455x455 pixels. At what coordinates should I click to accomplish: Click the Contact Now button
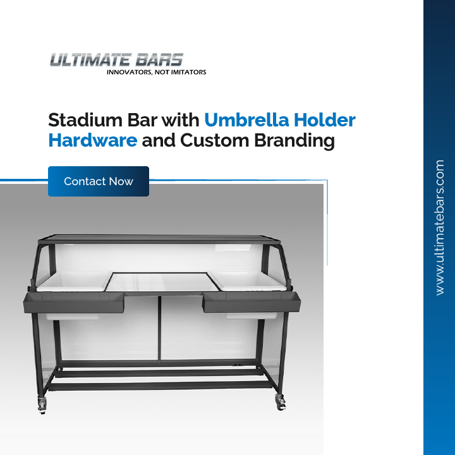click(99, 181)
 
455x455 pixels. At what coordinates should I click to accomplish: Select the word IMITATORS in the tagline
click(186, 72)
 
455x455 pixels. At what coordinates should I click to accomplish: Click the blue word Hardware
click(92, 140)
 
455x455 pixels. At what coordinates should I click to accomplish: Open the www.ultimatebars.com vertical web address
click(440, 227)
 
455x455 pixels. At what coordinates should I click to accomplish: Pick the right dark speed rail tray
click(241, 303)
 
